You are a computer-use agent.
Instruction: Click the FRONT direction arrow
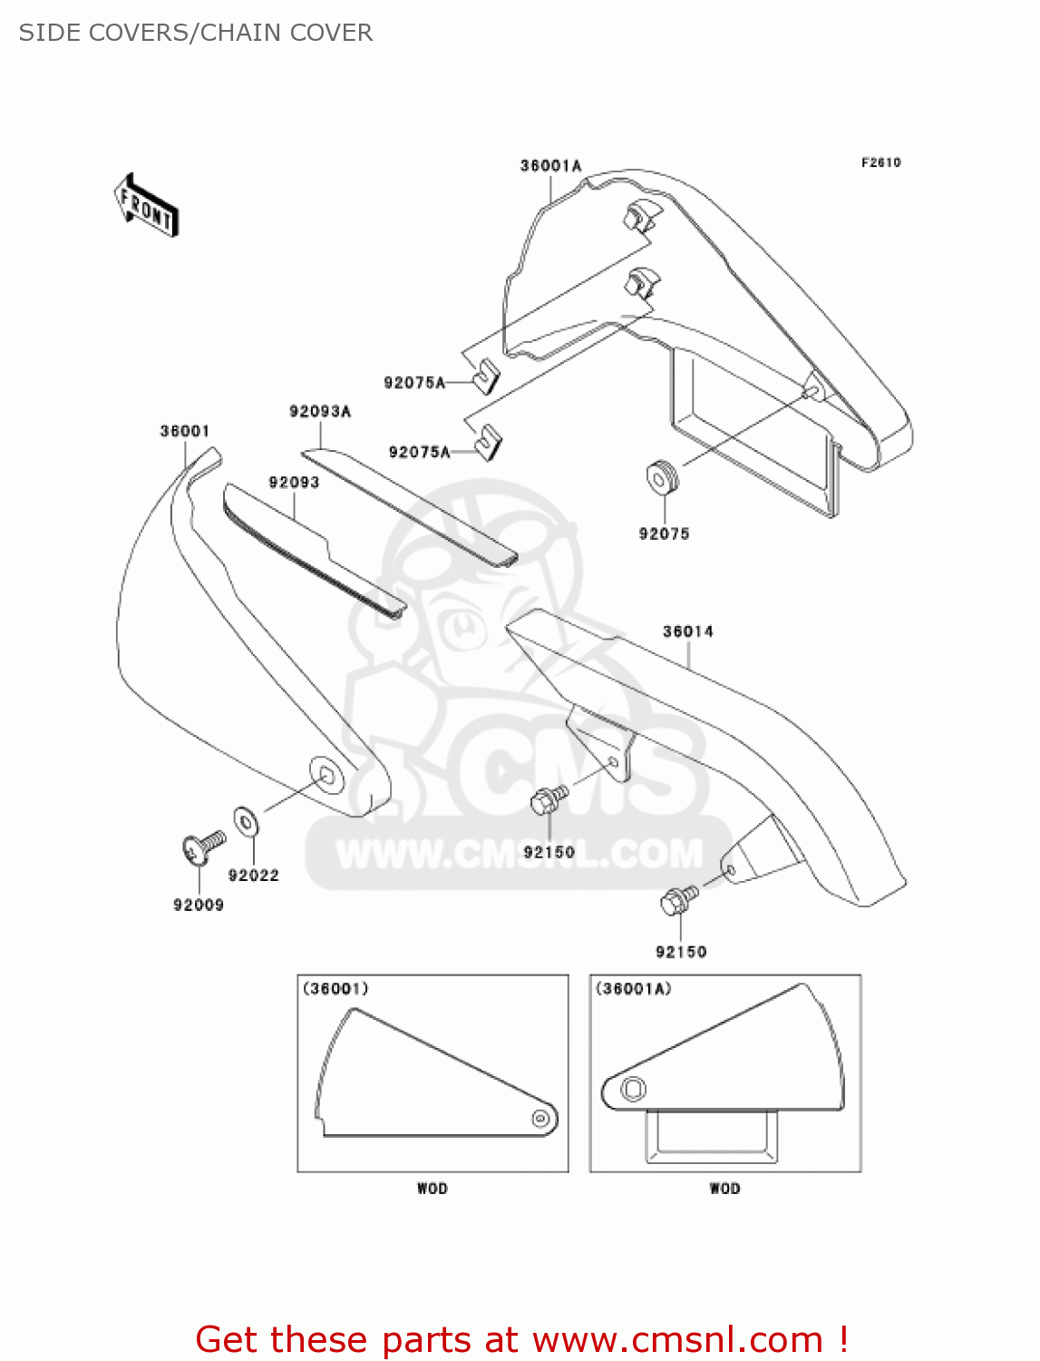click(x=146, y=206)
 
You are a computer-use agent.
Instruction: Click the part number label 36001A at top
click(x=550, y=166)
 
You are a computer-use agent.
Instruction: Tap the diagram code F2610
click(x=880, y=162)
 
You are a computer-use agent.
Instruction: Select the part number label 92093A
click(x=320, y=412)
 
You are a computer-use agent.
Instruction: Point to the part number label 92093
click(x=294, y=483)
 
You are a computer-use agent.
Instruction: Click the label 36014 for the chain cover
click(x=687, y=632)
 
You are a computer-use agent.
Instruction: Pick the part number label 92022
click(x=253, y=876)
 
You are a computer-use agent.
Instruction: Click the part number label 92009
click(x=199, y=905)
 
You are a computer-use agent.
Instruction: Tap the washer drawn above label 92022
click(x=246, y=821)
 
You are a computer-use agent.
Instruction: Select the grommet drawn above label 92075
click(x=662, y=476)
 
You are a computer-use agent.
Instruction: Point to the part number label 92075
click(x=664, y=534)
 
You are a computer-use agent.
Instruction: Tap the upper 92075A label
click(x=414, y=383)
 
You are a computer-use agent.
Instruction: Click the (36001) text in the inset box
click(x=335, y=989)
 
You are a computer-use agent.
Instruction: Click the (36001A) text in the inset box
click(x=633, y=989)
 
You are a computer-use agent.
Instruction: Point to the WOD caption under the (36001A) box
click(x=724, y=1189)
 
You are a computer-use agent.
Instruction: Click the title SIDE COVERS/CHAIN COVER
click(x=196, y=33)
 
